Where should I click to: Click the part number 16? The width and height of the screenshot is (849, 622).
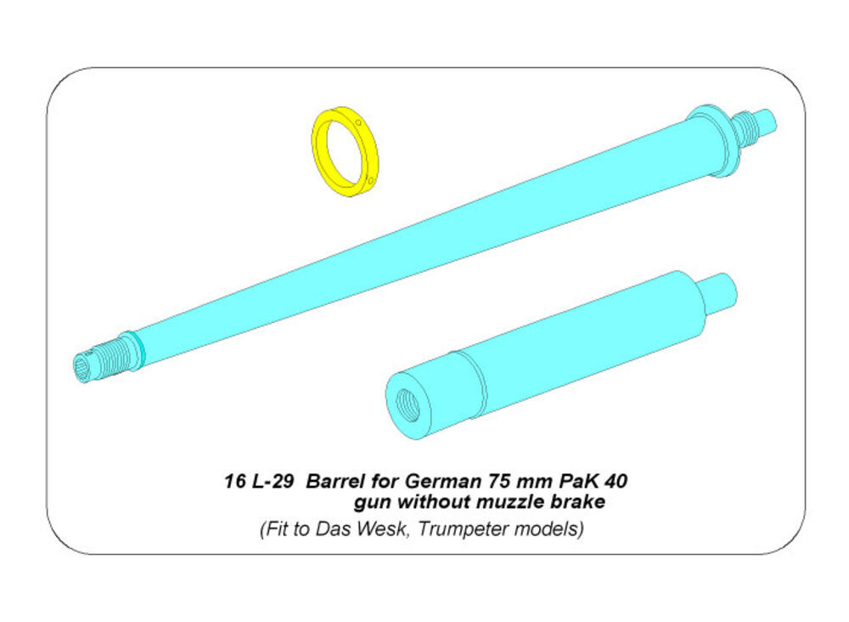click(x=234, y=481)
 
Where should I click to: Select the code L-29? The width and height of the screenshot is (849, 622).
click(x=273, y=481)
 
